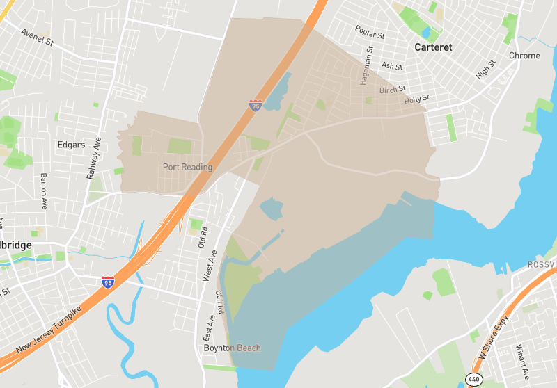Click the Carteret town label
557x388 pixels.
(432, 47)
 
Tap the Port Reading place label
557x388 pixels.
(187, 167)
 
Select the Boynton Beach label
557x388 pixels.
(232, 348)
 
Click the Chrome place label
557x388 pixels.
(524, 56)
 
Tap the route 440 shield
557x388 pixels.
(473, 379)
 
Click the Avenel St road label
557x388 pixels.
(37, 37)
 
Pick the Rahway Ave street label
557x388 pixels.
(94, 159)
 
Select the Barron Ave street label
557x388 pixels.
(43, 191)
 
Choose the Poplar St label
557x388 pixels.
(370, 32)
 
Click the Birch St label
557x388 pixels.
(393, 90)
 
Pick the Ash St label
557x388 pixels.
(392, 65)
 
